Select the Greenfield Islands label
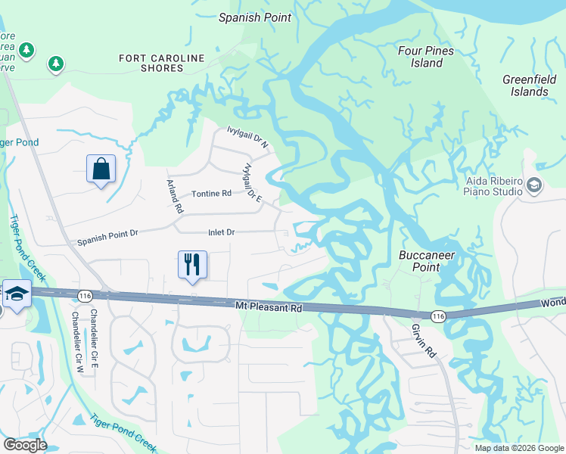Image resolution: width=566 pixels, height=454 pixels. pos(525,86)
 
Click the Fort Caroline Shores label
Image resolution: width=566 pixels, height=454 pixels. pos(162,63)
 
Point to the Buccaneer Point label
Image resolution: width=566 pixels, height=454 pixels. pos(428,261)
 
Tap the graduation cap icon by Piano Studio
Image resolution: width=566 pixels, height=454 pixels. pos(534,185)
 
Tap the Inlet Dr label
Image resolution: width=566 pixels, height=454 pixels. pos(222,232)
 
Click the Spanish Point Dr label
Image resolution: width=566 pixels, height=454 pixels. pos(107,242)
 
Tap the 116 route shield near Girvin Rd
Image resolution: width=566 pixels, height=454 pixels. pos(437,314)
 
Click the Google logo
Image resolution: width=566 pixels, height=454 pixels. pos(25,445)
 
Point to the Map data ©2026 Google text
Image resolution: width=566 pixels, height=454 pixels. pos(518,447)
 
